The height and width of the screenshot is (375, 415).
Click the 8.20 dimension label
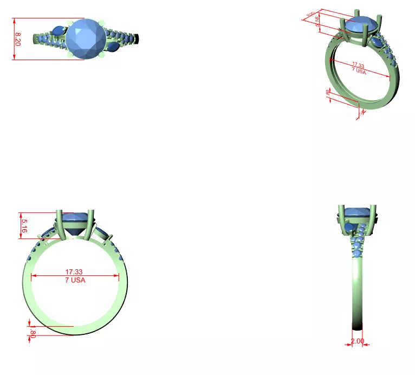[18, 38]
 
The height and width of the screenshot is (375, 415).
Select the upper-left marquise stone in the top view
[59, 30]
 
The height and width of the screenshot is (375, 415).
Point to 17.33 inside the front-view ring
[74, 271]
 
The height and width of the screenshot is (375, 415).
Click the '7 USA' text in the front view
[74, 280]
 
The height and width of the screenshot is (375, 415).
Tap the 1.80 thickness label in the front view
[33, 331]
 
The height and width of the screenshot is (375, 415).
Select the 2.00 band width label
[357, 341]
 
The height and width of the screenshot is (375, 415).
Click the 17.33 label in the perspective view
[359, 66]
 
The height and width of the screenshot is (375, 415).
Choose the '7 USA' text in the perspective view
[358, 72]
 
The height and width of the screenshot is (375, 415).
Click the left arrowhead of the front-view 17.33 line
[32, 276]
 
